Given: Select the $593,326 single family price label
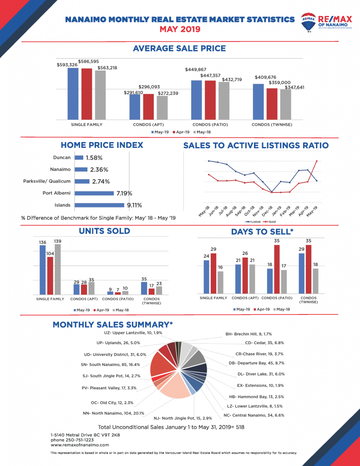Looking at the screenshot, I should click(67, 65).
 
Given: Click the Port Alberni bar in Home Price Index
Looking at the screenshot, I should click(94, 193).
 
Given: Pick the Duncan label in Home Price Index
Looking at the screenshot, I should click(61, 157).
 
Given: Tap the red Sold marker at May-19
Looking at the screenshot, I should click(317, 161).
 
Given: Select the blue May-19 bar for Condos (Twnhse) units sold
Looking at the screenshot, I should click(144, 288).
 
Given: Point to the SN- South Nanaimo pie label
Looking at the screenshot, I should click(110, 365).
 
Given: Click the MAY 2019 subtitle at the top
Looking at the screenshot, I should click(179, 29).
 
